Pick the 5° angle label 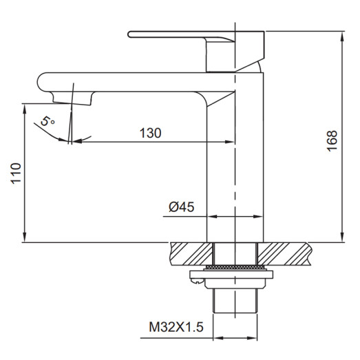(47, 122)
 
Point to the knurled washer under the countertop (234, 266)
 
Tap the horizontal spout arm (138, 80)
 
